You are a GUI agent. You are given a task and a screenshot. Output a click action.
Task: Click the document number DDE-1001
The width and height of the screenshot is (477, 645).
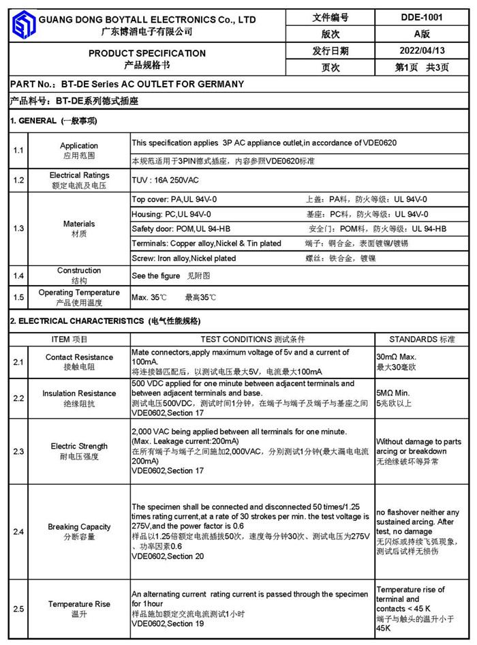tap(422, 18)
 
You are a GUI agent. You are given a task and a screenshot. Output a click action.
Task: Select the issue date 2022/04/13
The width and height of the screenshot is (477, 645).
tap(422, 50)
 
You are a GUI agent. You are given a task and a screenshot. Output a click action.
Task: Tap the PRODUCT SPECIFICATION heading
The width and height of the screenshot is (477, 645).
tap(147, 53)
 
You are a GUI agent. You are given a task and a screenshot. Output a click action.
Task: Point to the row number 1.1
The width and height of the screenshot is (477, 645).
tap(18, 150)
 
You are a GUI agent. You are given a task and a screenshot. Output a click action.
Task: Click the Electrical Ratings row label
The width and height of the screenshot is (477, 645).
tap(79, 176)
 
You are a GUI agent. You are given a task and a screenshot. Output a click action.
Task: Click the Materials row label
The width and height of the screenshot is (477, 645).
tap(79, 224)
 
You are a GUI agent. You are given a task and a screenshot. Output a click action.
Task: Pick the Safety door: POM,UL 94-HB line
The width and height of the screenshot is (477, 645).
tap(181, 229)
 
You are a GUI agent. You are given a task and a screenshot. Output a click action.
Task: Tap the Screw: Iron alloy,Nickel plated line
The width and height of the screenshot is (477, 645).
tap(184, 258)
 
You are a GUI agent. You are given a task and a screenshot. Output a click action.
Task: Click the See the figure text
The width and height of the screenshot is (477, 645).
tap(156, 276)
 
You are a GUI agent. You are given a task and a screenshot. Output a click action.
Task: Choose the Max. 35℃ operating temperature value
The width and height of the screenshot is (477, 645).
tap(149, 297)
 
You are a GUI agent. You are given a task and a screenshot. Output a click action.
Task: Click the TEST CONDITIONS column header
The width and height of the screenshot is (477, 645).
tap(253, 339)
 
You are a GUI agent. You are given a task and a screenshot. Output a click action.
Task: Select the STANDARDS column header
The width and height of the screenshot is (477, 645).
tap(422, 339)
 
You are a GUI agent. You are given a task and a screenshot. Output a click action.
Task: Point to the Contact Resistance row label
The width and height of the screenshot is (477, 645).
tap(79, 357)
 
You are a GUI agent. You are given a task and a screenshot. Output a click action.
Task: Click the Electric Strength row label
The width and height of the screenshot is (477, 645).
tap(79, 447)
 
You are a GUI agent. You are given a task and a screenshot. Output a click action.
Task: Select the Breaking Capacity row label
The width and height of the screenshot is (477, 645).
tap(79, 527)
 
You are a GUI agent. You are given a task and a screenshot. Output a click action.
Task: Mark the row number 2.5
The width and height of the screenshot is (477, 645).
tap(18, 608)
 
